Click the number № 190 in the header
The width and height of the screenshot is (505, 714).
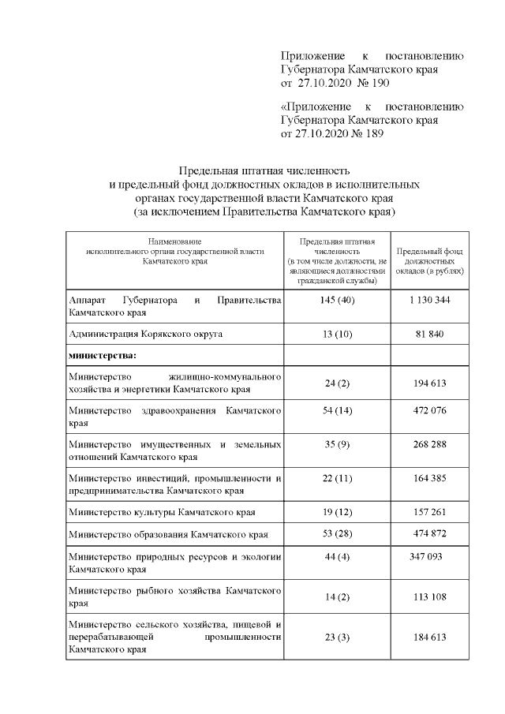point(368,83)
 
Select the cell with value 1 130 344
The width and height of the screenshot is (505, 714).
point(430,301)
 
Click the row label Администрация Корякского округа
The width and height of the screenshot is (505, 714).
point(145,334)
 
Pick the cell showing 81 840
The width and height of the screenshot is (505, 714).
point(430,334)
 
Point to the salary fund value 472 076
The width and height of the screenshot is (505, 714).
point(430,417)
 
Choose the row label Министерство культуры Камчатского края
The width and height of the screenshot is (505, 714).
point(162,512)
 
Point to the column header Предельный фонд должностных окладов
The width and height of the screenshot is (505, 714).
point(430,260)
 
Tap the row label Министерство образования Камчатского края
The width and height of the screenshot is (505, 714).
point(168,534)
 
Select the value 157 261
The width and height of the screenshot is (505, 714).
point(430,512)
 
